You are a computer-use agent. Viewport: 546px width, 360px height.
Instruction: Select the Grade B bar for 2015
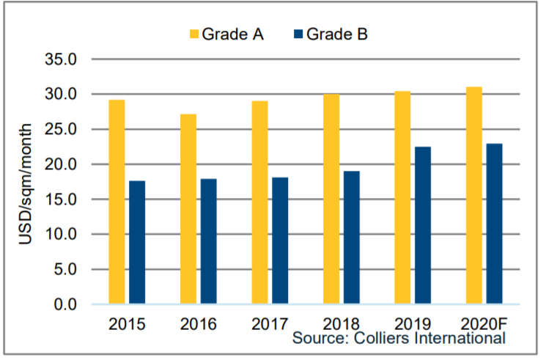[x=137, y=242]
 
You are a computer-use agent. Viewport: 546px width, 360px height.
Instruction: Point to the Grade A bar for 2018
[x=331, y=199]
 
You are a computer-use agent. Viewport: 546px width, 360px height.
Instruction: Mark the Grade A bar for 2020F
[x=473, y=195]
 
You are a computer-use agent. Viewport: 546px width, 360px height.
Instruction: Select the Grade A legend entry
[x=227, y=34]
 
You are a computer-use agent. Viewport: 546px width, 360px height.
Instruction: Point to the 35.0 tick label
[x=62, y=59]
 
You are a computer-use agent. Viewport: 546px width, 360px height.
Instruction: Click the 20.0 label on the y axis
[x=62, y=164]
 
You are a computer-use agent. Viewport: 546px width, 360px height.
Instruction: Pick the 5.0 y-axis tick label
[x=65, y=269]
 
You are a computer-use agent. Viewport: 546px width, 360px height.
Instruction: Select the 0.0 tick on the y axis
[x=65, y=304]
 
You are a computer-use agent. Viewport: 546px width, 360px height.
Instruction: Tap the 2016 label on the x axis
[x=199, y=322]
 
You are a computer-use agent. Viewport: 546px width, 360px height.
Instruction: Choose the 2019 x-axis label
[x=413, y=322]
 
